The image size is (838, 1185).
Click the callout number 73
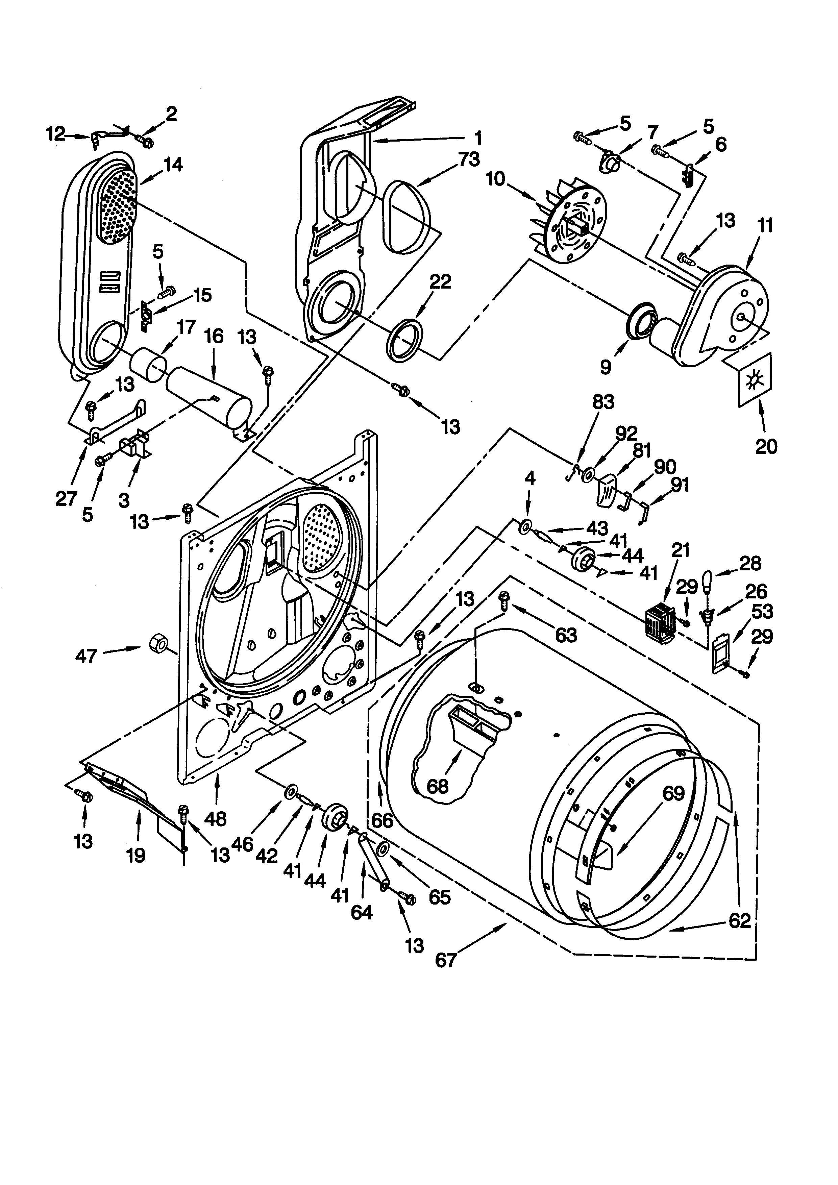(469, 159)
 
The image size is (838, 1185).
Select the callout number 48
(215, 819)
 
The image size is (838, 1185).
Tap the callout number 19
(136, 855)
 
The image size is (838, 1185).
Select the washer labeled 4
(525, 526)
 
